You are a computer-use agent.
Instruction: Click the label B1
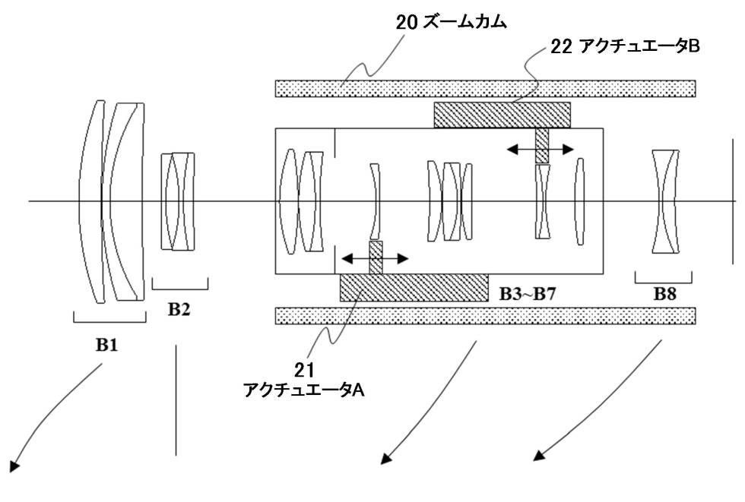106,345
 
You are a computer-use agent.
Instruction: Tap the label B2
179,309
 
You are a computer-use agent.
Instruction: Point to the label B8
665,294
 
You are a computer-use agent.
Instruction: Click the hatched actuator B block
502,115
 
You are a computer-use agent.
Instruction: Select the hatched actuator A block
414,287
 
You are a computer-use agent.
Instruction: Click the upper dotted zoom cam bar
485,88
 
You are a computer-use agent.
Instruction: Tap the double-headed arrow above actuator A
375,259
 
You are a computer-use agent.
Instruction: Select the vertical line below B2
176,400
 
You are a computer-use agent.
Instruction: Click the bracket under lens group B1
109,318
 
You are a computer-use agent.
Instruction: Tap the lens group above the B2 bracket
177,201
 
